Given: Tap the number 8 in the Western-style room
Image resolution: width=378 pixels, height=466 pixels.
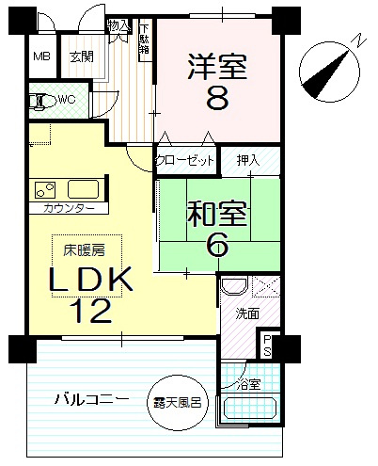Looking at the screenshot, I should pos(216,97).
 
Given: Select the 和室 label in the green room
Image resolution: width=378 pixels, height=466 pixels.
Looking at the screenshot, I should pos(218,215).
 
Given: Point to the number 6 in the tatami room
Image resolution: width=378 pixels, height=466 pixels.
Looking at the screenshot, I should pos(218,245).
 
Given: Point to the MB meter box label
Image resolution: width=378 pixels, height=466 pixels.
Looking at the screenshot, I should pos(42,56).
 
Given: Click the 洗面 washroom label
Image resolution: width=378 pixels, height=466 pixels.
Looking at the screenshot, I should pos(247,313).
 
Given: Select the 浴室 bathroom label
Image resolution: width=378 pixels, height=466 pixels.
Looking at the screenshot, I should pos(248,385).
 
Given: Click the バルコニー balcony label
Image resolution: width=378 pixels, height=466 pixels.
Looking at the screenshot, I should pos(91,400).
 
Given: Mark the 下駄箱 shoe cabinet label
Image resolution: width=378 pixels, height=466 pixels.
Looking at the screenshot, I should pos(145,40).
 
